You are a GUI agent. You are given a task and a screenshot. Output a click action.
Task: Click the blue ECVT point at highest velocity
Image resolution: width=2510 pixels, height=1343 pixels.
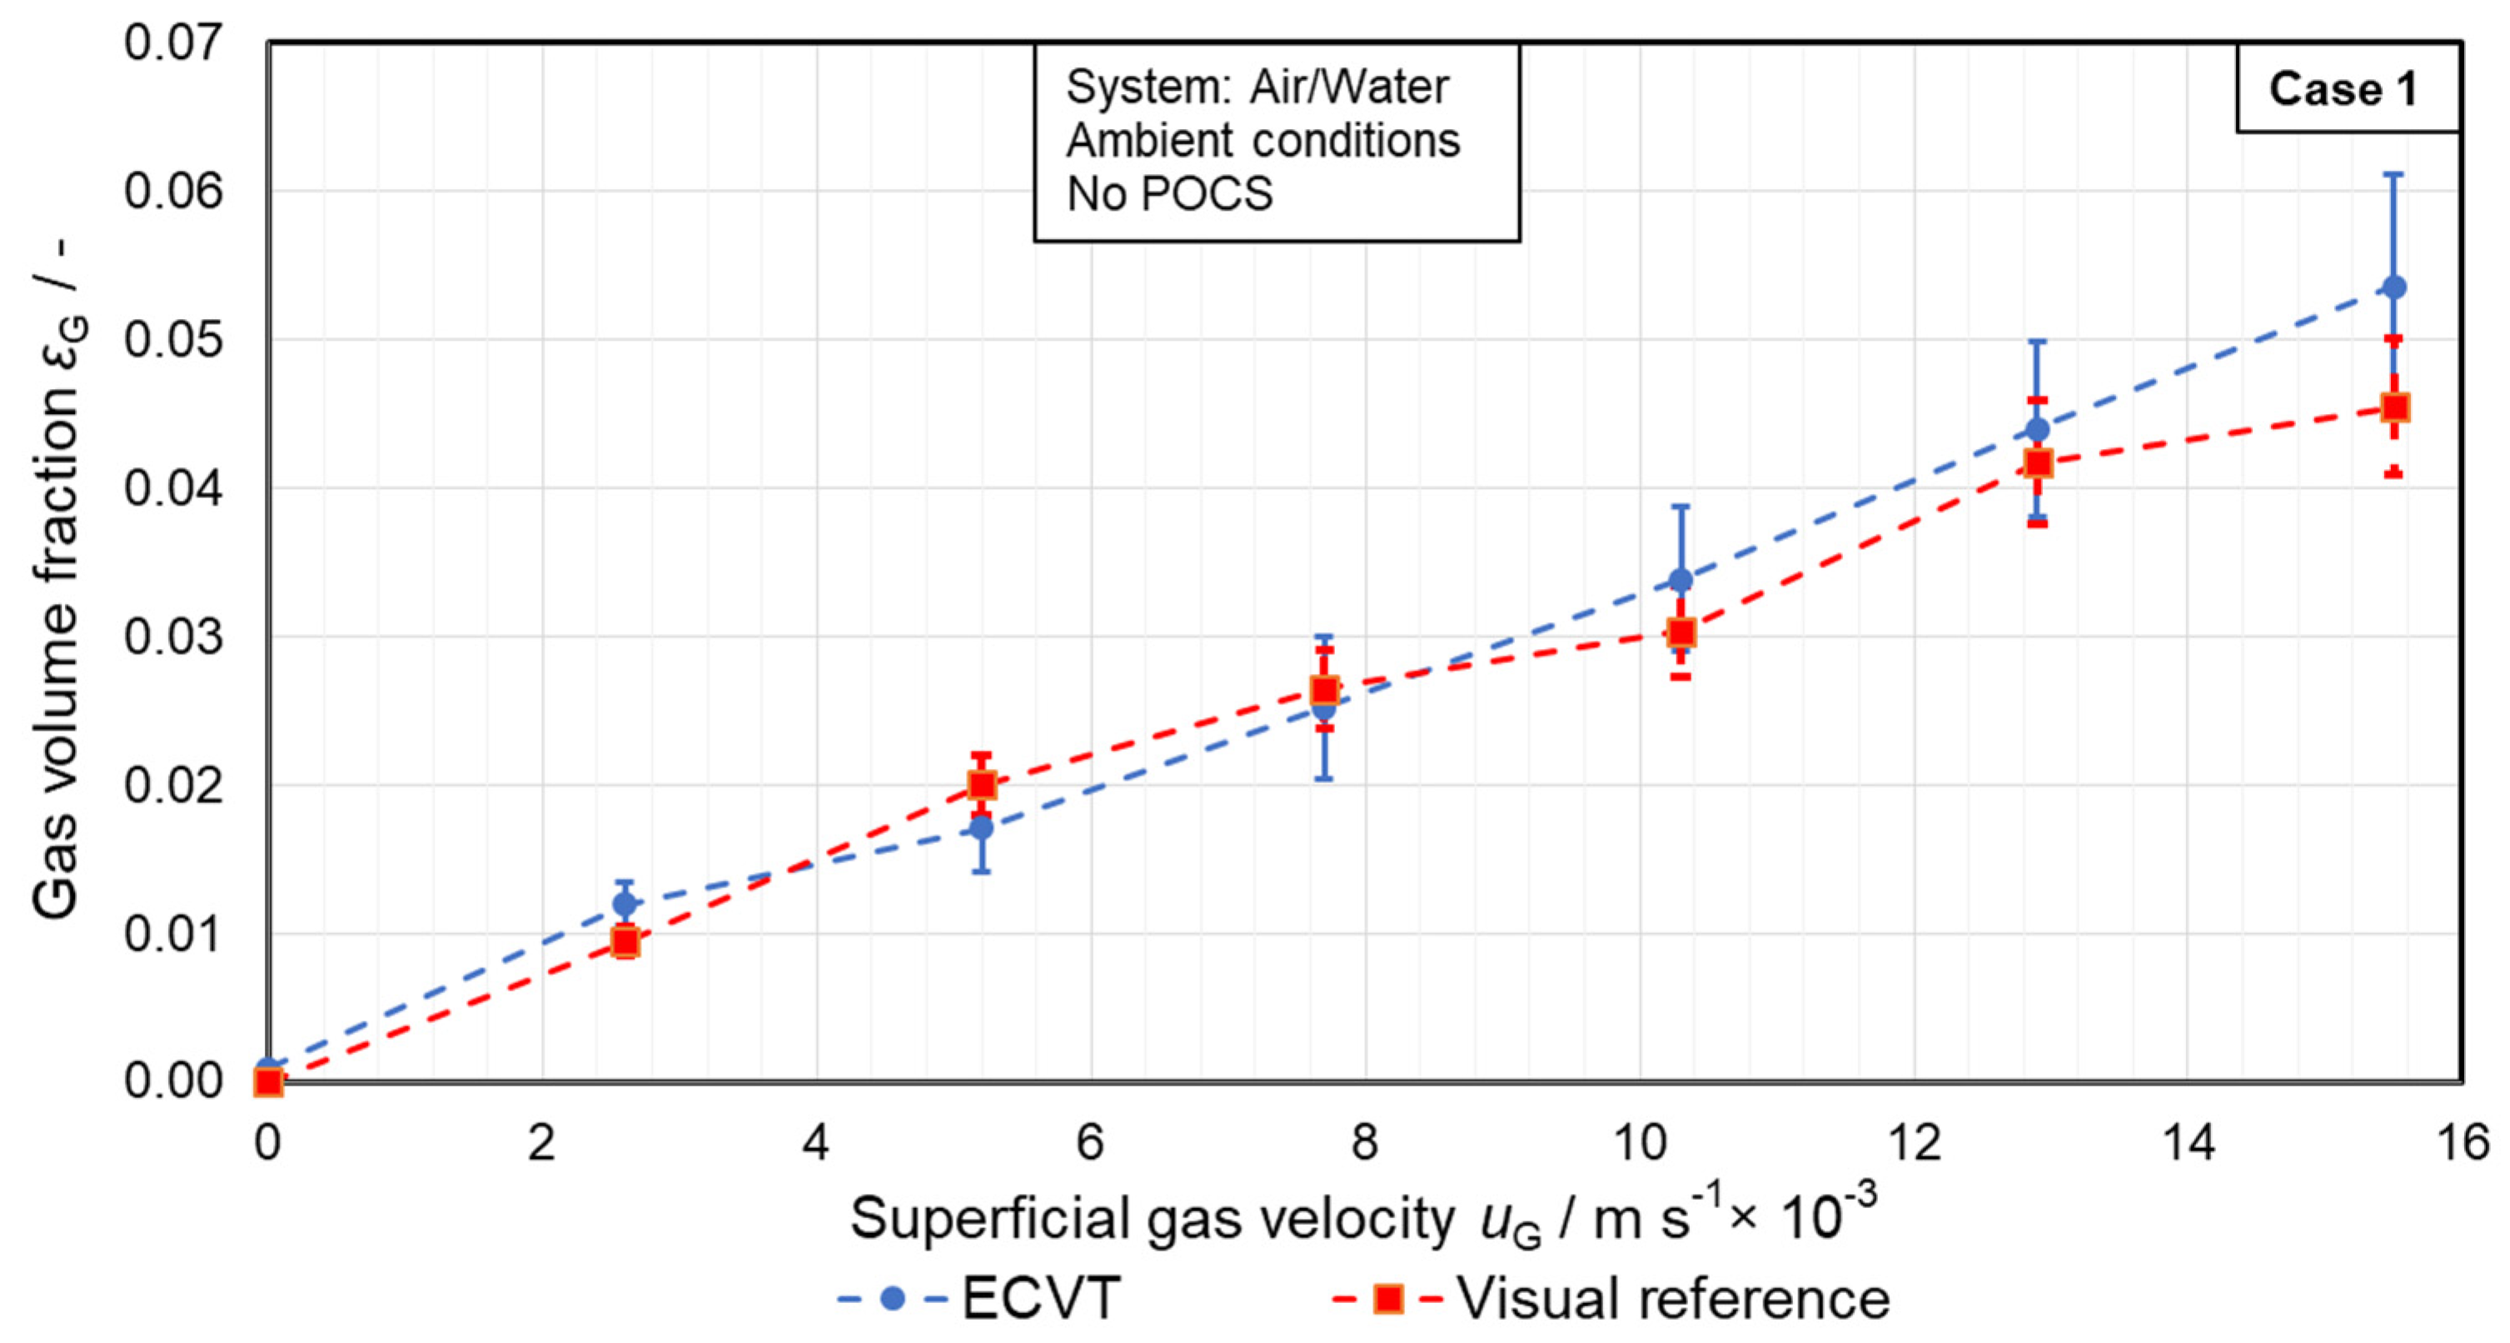tap(2394, 287)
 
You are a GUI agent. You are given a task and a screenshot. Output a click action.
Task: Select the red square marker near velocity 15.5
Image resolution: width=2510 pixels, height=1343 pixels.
tap(2395, 407)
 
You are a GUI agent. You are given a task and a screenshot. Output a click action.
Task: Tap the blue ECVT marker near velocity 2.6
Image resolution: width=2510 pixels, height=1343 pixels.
tap(625, 903)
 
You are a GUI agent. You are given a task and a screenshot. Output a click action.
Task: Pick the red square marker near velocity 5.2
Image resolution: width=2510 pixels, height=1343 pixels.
tap(981, 785)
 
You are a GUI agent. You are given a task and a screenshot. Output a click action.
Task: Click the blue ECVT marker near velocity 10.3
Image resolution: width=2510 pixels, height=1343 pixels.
tap(1681, 581)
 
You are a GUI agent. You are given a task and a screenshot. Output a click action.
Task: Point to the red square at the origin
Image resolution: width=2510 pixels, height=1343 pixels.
tap(268, 1081)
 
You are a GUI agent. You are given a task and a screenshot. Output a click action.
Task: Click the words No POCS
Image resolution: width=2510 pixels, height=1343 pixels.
tap(1169, 195)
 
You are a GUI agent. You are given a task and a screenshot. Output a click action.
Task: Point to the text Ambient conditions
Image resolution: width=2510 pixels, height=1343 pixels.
tap(1262, 142)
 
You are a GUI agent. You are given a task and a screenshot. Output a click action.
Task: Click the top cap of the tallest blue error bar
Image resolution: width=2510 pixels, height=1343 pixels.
tap(2394, 174)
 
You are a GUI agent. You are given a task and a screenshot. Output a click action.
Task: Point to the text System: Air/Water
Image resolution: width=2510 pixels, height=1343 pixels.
tap(1257, 87)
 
